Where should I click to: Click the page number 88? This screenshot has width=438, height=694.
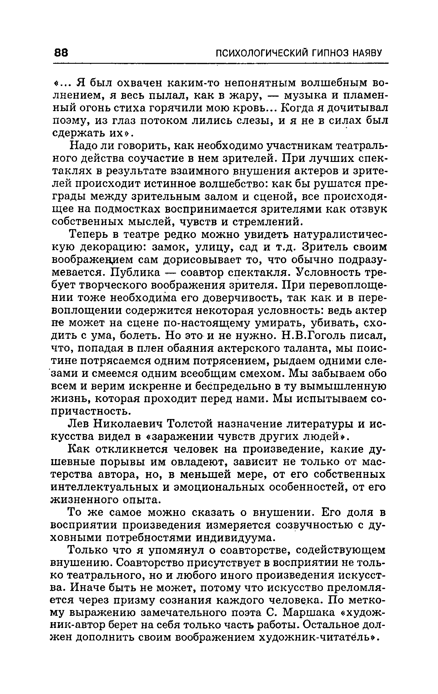(x=61, y=53)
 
